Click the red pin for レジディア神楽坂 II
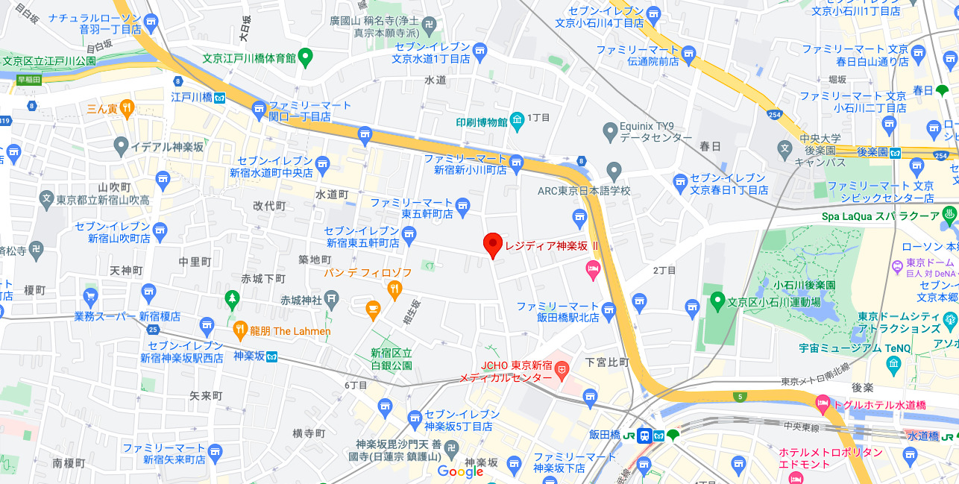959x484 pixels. point(492,245)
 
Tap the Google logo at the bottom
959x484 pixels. point(460,471)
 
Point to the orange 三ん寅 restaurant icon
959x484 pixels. point(127,108)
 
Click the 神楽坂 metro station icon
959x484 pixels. point(273,356)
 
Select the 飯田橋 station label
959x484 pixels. point(604,435)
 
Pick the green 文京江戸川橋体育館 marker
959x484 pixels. point(306,57)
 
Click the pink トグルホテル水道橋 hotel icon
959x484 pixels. point(823,405)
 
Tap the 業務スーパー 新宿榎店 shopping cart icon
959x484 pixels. point(91,297)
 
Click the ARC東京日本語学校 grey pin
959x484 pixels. point(614,172)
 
